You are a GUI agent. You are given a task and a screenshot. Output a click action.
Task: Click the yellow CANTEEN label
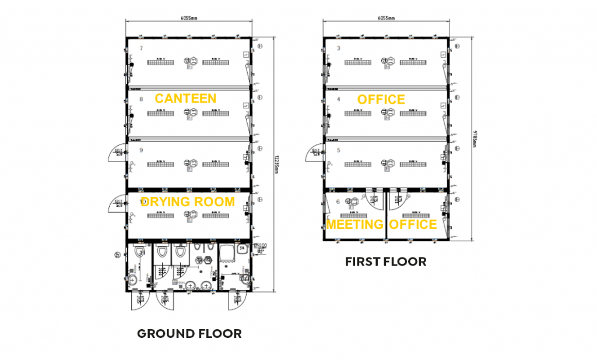pyautogui.click(x=185, y=98)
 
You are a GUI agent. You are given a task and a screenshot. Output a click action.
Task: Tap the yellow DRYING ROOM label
pyautogui.click(x=188, y=202)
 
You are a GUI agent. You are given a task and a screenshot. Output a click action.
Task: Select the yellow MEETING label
pyautogui.click(x=354, y=224)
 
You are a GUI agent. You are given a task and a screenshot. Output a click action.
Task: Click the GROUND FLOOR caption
pyautogui.click(x=189, y=334)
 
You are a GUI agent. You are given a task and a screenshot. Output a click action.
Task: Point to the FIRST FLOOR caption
pyautogui.click(x=385, y=262)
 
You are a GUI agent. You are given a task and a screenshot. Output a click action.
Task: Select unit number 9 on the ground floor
pyautogui.click(x=141, y=150)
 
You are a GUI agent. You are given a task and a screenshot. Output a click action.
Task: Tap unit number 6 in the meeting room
pyautogui.click(x=338, y=201)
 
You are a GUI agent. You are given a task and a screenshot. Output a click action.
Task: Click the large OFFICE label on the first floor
pyautogui.click(x=381, y=100)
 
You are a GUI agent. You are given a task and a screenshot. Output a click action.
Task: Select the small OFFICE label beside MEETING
pyautogui.click(x=413, y=224)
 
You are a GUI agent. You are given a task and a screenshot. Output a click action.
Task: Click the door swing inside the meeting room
pyautogui.click(x=374, y=200)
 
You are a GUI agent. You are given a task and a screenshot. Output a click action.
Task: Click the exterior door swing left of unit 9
pyautogui.click(x=118, y=153)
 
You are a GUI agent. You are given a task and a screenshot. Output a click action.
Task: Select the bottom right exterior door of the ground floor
pyautogui.click(x=237, y=299)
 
